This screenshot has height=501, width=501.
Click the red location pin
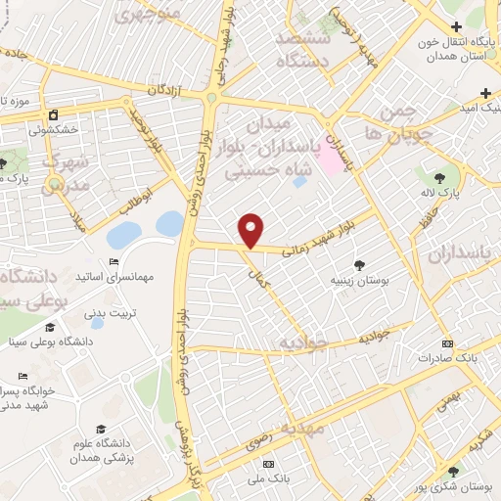(x=251, y=230)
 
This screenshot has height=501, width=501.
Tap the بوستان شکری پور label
(x=446, y=485)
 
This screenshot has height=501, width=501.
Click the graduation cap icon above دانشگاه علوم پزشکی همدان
(x=99, y=429)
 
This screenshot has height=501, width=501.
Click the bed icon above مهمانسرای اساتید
(x=114, y=261)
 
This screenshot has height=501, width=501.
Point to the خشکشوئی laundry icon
(x=53, y=114)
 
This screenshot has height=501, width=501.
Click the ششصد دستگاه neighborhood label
(x=306, y=48)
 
